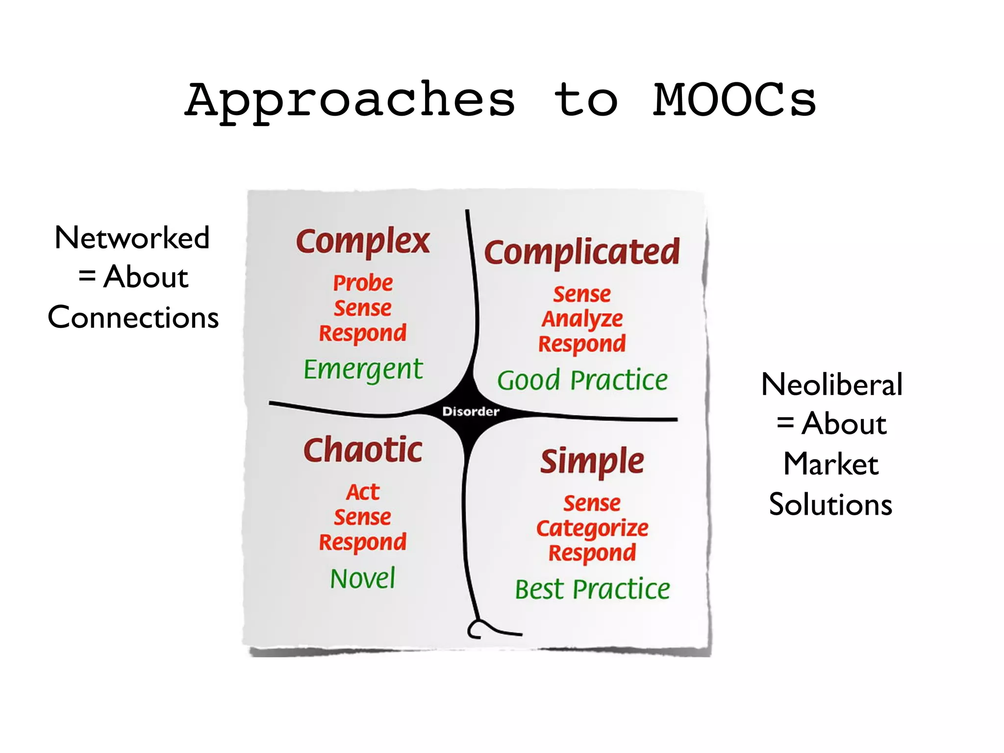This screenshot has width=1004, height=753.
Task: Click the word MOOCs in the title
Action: [x=734, y=100]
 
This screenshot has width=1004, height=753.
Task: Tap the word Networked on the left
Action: [x=132, y=238]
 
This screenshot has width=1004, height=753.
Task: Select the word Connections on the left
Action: [x=133, y=317]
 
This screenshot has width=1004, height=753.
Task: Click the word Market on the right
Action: [x=831, y=464]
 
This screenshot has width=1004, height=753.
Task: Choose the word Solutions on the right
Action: [x=830, y=504]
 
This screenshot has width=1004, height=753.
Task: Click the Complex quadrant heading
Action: [x=363, y=242]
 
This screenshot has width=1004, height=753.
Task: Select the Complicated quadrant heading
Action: [x=582, y=253]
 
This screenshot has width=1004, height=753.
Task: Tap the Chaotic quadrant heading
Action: [x=363, y=450]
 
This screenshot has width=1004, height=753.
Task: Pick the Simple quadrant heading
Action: [x=592, y=462]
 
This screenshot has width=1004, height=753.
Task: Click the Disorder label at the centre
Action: [x=471, y=411]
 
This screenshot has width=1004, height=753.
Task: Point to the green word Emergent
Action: [x=363, y=370]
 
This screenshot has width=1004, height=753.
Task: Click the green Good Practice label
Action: [x=582, y=380]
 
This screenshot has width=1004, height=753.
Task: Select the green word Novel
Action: [x=363, y=578]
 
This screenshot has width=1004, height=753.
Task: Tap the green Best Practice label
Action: [x=592, y=589]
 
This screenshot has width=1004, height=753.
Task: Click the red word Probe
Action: [x=363, y=283]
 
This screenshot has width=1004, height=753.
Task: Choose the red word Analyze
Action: [x=582, y=320]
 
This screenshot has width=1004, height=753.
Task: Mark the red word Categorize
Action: [x=592, y=528]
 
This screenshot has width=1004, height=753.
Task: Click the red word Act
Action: [x=363, y=492]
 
